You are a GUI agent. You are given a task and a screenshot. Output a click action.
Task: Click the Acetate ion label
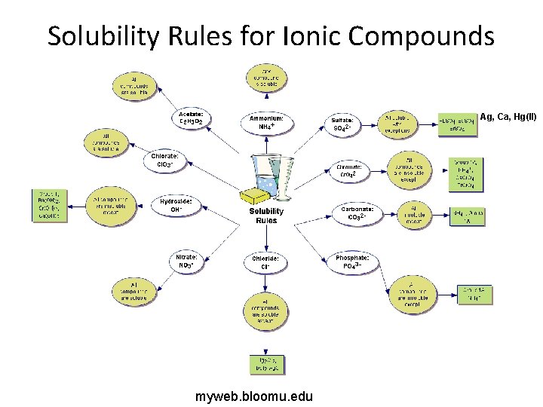click(x=192, y=117)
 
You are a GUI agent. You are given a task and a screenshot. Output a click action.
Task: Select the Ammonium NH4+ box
click(x=267, y=122)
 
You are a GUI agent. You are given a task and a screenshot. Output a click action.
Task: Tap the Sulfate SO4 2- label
click(x=344, y=124)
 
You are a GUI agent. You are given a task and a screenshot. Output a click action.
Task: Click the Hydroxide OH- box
click(x=176, y=206)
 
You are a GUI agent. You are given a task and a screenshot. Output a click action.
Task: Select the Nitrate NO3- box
click(x=186, y=261)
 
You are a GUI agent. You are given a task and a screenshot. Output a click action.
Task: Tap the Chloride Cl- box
click(x=265, y=262)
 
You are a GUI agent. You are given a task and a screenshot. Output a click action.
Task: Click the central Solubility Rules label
click(x=266, y=216)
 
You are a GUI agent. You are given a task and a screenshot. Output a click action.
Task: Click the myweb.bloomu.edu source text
click(x=254, y=396)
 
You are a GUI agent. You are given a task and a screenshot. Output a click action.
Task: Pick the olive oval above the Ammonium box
click(x=266, y=78)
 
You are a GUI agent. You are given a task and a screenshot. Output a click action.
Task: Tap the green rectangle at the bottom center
click(x=266, y=364)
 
